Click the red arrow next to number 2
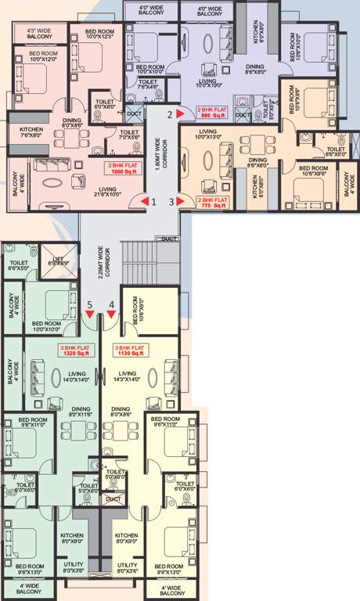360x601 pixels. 181,113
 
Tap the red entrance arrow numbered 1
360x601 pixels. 145,202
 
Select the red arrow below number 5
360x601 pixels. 90,314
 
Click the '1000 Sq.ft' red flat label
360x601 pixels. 123,169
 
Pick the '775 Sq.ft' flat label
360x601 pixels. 212,202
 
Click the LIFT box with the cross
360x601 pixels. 64,262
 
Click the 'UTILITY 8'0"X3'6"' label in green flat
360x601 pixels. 72,568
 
